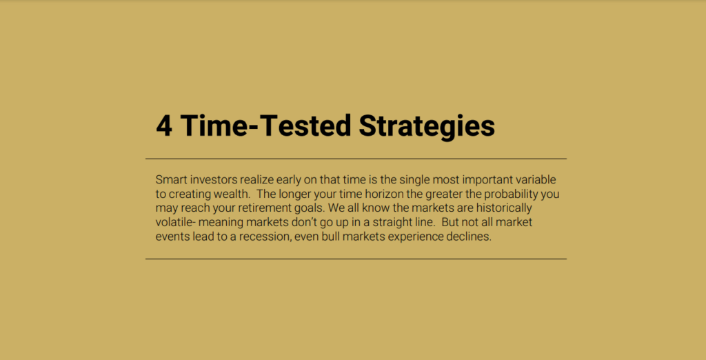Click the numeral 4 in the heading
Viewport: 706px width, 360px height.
point(164,126)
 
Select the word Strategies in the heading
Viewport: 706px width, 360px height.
point(426,127)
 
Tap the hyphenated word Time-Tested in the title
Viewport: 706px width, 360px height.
point(265,125)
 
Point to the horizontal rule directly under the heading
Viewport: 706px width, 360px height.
point(356,159)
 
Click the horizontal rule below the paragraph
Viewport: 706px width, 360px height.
point(356,259)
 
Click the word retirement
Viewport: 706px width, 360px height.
point(262,209)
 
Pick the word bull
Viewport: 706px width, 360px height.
point(331,237)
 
